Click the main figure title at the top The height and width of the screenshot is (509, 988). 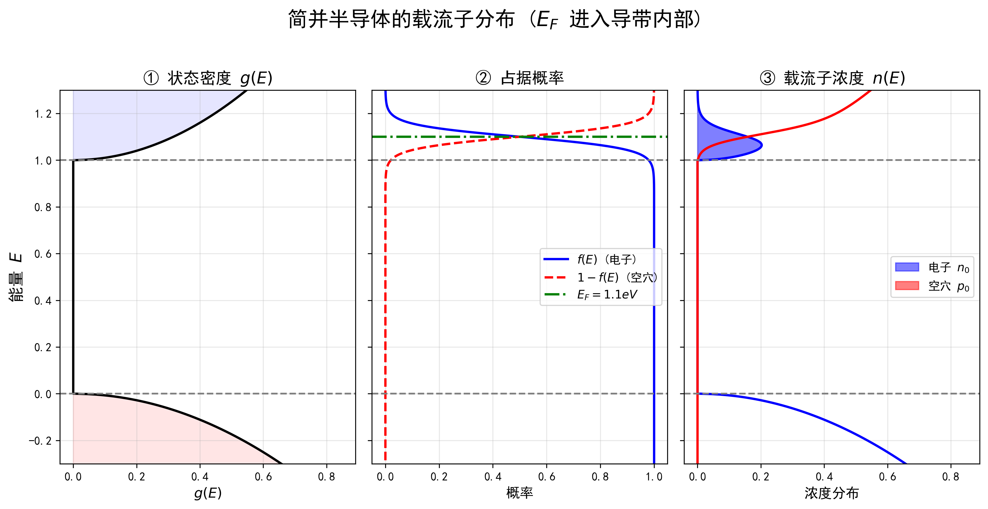494,19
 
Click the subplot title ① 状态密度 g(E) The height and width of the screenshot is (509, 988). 207,78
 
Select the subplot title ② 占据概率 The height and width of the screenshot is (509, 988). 519,78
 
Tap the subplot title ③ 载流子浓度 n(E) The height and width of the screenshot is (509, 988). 832,78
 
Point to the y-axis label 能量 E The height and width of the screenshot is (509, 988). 16,277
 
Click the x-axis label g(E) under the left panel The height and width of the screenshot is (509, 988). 207,493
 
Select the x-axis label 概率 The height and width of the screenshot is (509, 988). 519,493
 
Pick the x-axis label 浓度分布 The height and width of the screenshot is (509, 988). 832,493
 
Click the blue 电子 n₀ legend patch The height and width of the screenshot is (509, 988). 907,267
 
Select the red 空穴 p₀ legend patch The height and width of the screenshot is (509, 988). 907,286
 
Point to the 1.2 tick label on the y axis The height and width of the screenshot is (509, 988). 43,114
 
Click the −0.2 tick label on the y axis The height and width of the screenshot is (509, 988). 40,441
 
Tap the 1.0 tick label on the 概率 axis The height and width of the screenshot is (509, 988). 654,477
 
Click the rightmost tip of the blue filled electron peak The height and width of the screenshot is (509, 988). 762,145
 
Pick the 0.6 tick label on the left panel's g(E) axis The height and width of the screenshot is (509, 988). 263,477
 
